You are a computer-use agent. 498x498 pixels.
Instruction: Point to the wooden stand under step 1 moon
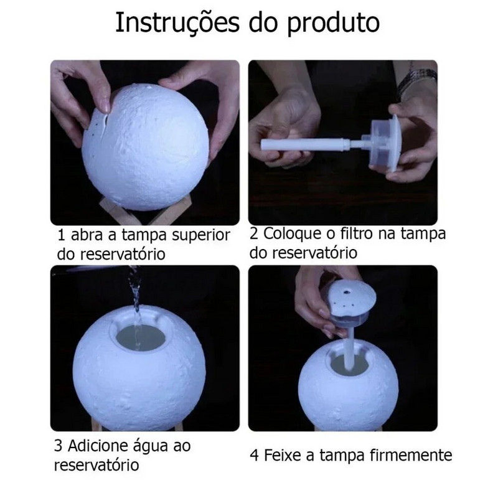[x=128, y=212]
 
